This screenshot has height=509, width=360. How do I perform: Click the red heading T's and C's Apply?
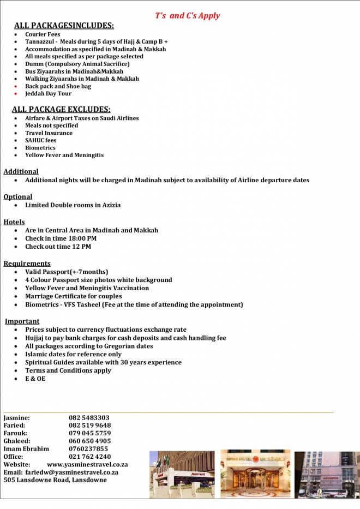pos(187,15)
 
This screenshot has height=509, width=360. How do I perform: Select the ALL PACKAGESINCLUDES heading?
pos(64,26)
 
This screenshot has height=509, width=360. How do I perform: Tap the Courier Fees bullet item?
pos(43,34)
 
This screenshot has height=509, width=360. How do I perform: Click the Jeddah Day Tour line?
pos(48,93)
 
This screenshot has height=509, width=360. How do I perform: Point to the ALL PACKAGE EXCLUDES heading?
pos(61,109)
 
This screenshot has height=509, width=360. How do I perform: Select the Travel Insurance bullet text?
pos(49,133)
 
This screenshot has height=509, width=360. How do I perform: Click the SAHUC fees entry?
pos(40,140)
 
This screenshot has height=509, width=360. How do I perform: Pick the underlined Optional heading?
pos(18,197)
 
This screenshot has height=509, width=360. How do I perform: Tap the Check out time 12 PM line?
pos(58,247)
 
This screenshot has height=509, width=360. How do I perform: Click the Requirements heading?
pos(27,264)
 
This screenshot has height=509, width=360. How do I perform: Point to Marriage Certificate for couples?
pos(74,296)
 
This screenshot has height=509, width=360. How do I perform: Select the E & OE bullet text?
pos(35,379)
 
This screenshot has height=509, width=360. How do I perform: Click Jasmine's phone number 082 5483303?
pos(89,418)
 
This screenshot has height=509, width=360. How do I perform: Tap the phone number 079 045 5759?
pos(89,433)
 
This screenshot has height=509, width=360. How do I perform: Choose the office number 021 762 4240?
pos(89,457)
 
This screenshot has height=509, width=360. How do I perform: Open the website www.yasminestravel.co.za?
pos(87,464)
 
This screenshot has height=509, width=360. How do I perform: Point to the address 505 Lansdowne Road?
pos(55,480)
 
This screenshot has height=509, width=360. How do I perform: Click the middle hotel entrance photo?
pos(255,474)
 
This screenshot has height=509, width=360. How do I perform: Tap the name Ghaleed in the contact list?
pos(17,441)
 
